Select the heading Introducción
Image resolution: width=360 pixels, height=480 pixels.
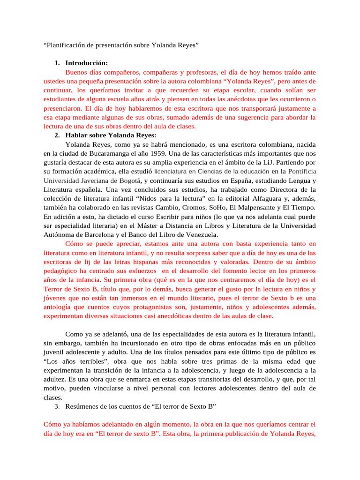tap(87, 63)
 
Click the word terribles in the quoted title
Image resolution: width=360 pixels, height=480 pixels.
tap(90, 361)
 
